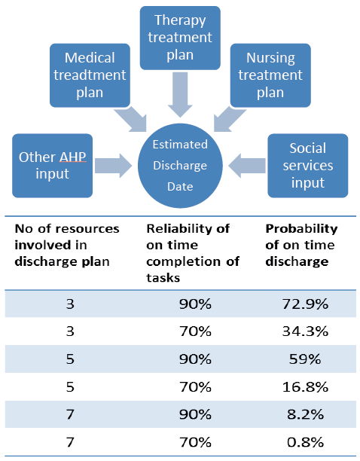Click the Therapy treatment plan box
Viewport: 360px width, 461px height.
[180, 38]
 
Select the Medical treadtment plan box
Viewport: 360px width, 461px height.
[90, 75]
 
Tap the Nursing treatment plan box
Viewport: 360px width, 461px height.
[270, 75]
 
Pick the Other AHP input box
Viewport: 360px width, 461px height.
[52, 166]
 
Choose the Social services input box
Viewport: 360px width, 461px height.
[308, 166]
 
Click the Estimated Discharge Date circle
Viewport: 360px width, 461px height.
[180, 166]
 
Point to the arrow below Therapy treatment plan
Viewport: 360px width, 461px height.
[180, 95]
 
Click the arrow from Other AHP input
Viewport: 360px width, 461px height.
[113, 166]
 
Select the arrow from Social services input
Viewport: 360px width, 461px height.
[247, 166]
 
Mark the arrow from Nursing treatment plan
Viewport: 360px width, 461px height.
[229, 119]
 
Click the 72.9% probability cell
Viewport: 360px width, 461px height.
[305, 304]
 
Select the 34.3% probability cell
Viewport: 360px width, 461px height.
[305, 331]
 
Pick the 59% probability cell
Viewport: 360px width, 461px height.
[305, 359]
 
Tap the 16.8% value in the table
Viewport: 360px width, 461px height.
[305, 386]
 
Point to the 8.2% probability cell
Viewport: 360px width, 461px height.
[305, 414]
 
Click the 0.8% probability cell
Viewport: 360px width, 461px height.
[305, 442]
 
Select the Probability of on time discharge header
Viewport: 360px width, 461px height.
[301, 246]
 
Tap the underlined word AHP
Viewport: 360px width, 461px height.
[72, 157]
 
